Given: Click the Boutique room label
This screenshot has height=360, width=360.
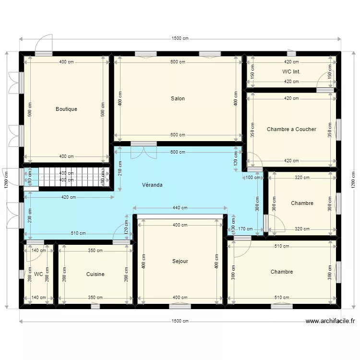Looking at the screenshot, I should (66, 109).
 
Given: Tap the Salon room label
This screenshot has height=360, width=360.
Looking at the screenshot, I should (178, 98).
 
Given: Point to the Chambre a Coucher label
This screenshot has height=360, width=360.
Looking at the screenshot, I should (291, 129).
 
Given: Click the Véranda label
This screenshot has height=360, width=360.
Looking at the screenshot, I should (152, 184).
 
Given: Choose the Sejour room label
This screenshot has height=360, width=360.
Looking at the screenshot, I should (180, 262).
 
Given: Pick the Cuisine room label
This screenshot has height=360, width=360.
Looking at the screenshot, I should (95, 274).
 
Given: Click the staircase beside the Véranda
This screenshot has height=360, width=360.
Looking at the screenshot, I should (72, 176).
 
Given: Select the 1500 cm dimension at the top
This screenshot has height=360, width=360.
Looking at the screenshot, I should (180, 39).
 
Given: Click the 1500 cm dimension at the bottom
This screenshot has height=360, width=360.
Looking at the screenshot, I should (180, 321).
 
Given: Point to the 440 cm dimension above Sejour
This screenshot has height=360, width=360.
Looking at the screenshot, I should (180, 208).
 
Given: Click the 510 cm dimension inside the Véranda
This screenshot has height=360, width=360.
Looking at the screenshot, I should (78, 234).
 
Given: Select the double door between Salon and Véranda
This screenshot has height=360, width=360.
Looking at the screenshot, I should (144, 151).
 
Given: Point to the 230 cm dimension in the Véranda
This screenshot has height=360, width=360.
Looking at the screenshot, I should (29, 213).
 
